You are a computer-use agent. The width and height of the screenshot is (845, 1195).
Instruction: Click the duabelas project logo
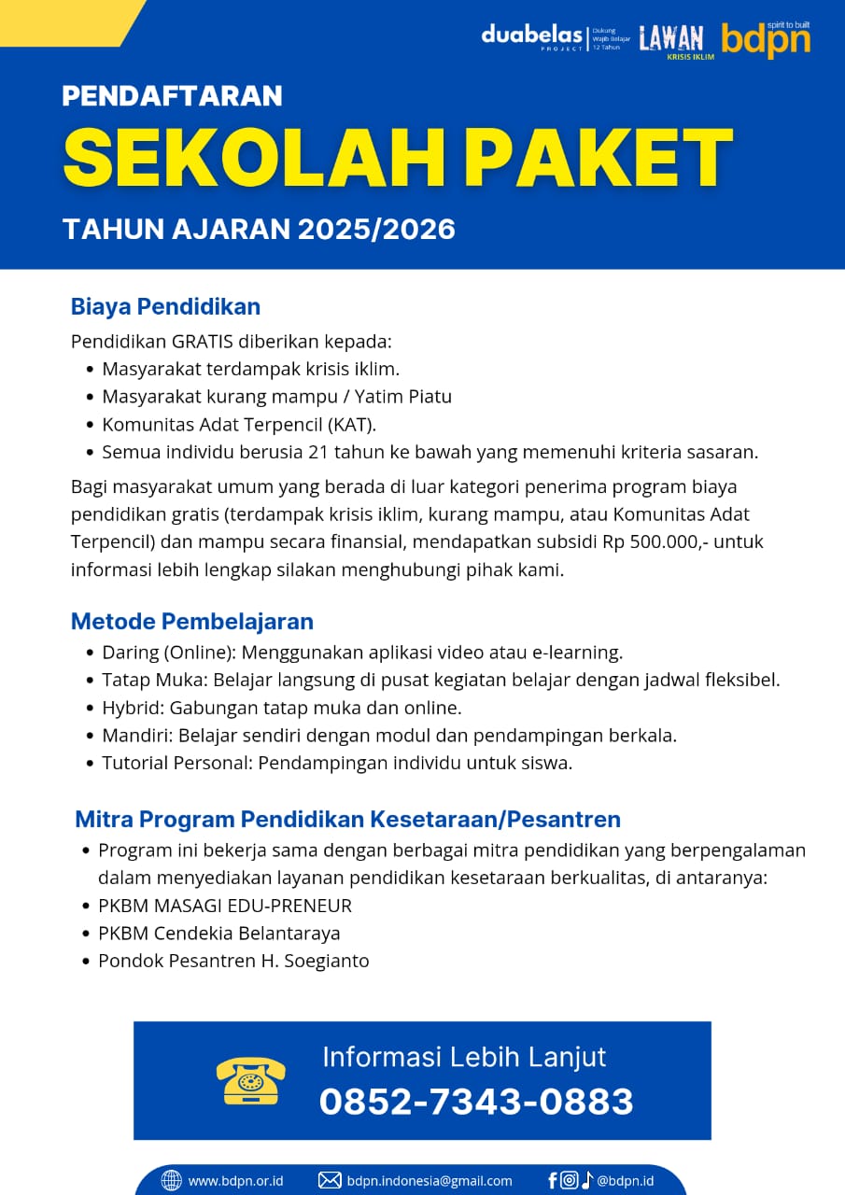[532, 37]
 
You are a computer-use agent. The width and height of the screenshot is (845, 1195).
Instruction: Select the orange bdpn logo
[766, 39]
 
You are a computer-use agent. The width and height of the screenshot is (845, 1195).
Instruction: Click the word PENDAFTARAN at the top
[173, 95]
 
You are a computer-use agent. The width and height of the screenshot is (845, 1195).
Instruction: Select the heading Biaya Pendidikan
[165, 306]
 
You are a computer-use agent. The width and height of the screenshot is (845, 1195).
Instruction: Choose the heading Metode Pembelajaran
[192, 621]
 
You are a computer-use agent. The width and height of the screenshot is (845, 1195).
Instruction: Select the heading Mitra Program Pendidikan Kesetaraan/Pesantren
[347, 820]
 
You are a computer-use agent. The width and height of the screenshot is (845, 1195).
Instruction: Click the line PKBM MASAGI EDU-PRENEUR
[225, 906]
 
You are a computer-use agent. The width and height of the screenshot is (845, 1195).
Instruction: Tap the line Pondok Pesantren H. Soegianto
[233, 961]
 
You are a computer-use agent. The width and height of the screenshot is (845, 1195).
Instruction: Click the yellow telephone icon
[250, 1081]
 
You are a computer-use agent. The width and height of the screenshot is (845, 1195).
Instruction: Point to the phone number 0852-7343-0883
[476, 1102]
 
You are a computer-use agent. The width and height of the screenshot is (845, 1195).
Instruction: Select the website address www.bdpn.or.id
[235, 1181]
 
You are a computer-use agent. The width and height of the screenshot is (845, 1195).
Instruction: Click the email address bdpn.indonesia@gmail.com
[430, 1181]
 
